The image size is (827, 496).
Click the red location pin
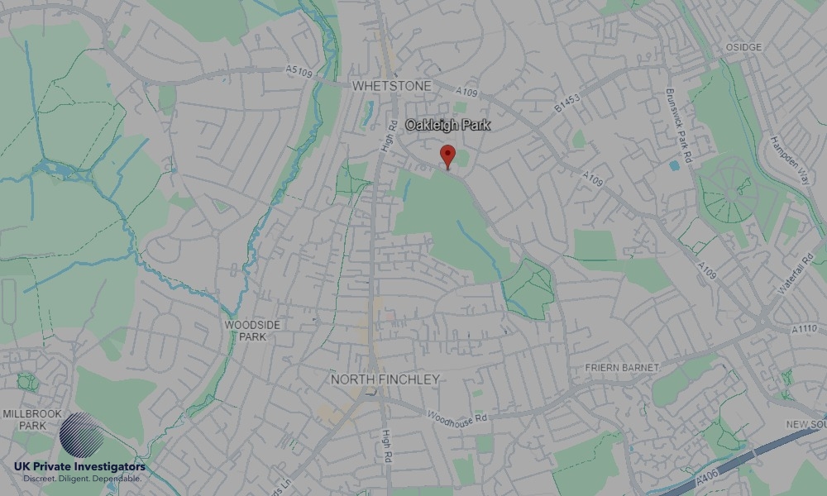447,155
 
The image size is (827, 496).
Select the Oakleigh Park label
447,125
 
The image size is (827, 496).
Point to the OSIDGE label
743,47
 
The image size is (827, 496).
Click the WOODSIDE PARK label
252,330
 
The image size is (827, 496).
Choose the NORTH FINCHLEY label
385,379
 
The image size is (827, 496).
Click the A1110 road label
803,329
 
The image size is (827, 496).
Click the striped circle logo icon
82,434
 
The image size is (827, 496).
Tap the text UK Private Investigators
79,467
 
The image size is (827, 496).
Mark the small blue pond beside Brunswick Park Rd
674,165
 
